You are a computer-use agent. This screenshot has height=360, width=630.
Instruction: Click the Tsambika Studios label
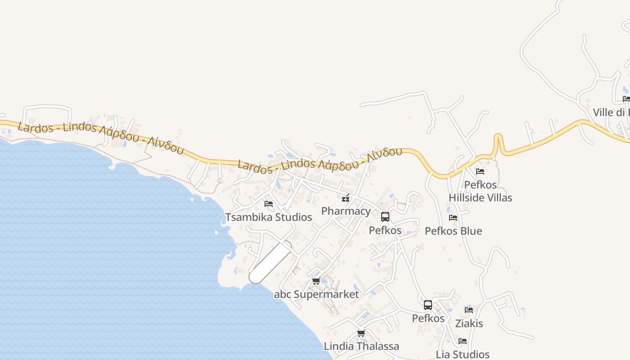[x=269, y=217]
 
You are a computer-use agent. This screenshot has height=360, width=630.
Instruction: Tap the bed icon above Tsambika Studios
[x=269, y=204]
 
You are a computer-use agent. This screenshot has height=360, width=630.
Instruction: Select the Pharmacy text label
[x=346, y=211]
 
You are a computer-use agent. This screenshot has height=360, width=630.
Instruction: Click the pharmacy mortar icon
[x=346, y=198]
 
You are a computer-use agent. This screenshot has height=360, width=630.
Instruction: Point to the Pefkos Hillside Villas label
[x=480, y=191]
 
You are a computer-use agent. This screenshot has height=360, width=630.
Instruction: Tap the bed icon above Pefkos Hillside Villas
[x=480, y=171]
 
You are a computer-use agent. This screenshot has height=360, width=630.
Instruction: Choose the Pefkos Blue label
[x=453, y=231]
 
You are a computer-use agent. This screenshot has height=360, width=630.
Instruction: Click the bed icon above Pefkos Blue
[x=453, y=218]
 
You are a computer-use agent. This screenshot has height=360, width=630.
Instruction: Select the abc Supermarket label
[x=316, y=295]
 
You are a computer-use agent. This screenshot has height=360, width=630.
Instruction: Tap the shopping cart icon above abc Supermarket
[x=316, y=281]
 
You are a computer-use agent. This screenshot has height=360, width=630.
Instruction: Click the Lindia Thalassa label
[x=361, y=346]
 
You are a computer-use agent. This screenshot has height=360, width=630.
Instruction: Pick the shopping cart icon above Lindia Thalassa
[x=361, y=333]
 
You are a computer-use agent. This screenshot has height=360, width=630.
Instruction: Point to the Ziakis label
[x=469, y=324]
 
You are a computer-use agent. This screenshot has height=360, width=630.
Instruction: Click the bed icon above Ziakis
[x=469, y=310]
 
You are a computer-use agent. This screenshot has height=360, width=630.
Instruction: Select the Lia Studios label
[x=463, y=355]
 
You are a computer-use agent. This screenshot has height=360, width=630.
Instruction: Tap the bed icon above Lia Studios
[x=463, y=341]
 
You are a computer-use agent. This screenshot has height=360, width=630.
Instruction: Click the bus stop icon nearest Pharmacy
[x=385, y=217]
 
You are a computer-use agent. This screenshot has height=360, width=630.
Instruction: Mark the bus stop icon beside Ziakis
[x=428, y=305]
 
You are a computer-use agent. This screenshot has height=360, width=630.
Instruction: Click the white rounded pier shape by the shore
[x=270, y=262]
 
